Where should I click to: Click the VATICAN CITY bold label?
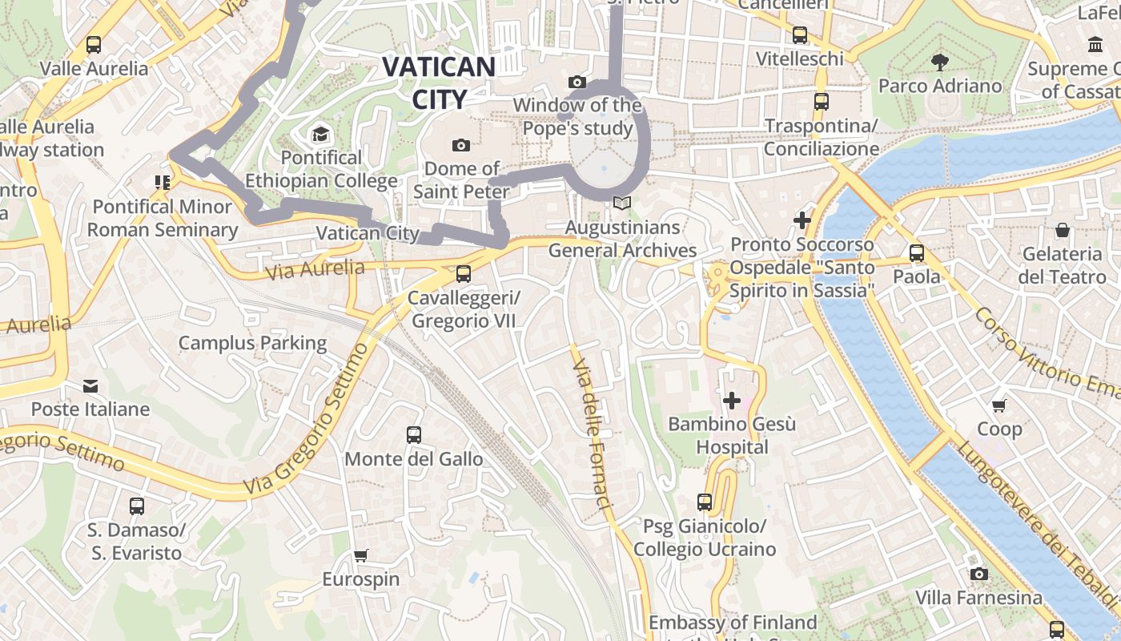tap(439, 83)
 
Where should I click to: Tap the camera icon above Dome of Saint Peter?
tap(460, 145)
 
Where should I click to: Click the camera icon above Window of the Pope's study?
tap(577, 82)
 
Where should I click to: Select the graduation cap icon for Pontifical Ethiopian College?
tap(320, 133)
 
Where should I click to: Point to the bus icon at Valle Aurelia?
tap(94, 45)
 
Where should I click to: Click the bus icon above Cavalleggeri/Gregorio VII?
tap(463, 274)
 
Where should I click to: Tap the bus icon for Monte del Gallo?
tap(413, 435)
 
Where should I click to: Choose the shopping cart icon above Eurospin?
tap(360, 555)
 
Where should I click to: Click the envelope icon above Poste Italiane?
tap(90, 386)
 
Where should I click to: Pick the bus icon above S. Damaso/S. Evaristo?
tap(137, 506)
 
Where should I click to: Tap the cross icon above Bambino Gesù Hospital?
tap(731, 400)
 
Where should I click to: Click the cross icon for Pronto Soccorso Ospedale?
tap(802, 220)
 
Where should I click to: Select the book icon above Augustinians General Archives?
tap(622, 204)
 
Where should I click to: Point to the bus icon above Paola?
tap(917, 253)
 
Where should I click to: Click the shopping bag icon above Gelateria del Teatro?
tap(1063, 231)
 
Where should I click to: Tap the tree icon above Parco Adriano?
tap(939, 62)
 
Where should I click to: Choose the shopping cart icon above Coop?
tap(999, 405)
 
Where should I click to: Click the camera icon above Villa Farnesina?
tap(978, 574)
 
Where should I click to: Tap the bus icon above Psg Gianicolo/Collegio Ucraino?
tap(704, 502)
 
